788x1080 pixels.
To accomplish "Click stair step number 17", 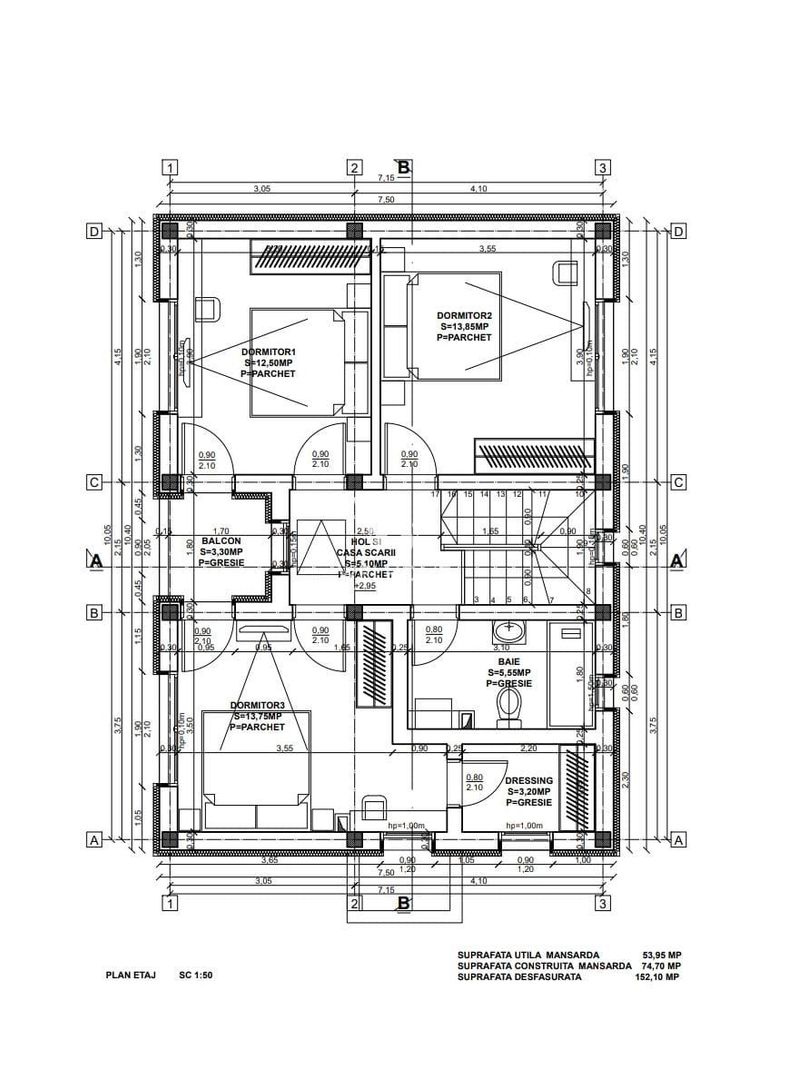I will pyautogui.click(x=434, y=494).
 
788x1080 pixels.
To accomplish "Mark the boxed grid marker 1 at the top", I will pyautogui.click(x=172, y=168).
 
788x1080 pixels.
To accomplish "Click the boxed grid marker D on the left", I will pyautogui.click(x=94, y=231).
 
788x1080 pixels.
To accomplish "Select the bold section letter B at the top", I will pyautogui.click(x=404, y=167).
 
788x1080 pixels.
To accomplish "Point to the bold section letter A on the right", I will pyautogui.click(x=677, y=561).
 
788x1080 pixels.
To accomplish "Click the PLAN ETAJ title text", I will pyautogui.click(x=131, y=973).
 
